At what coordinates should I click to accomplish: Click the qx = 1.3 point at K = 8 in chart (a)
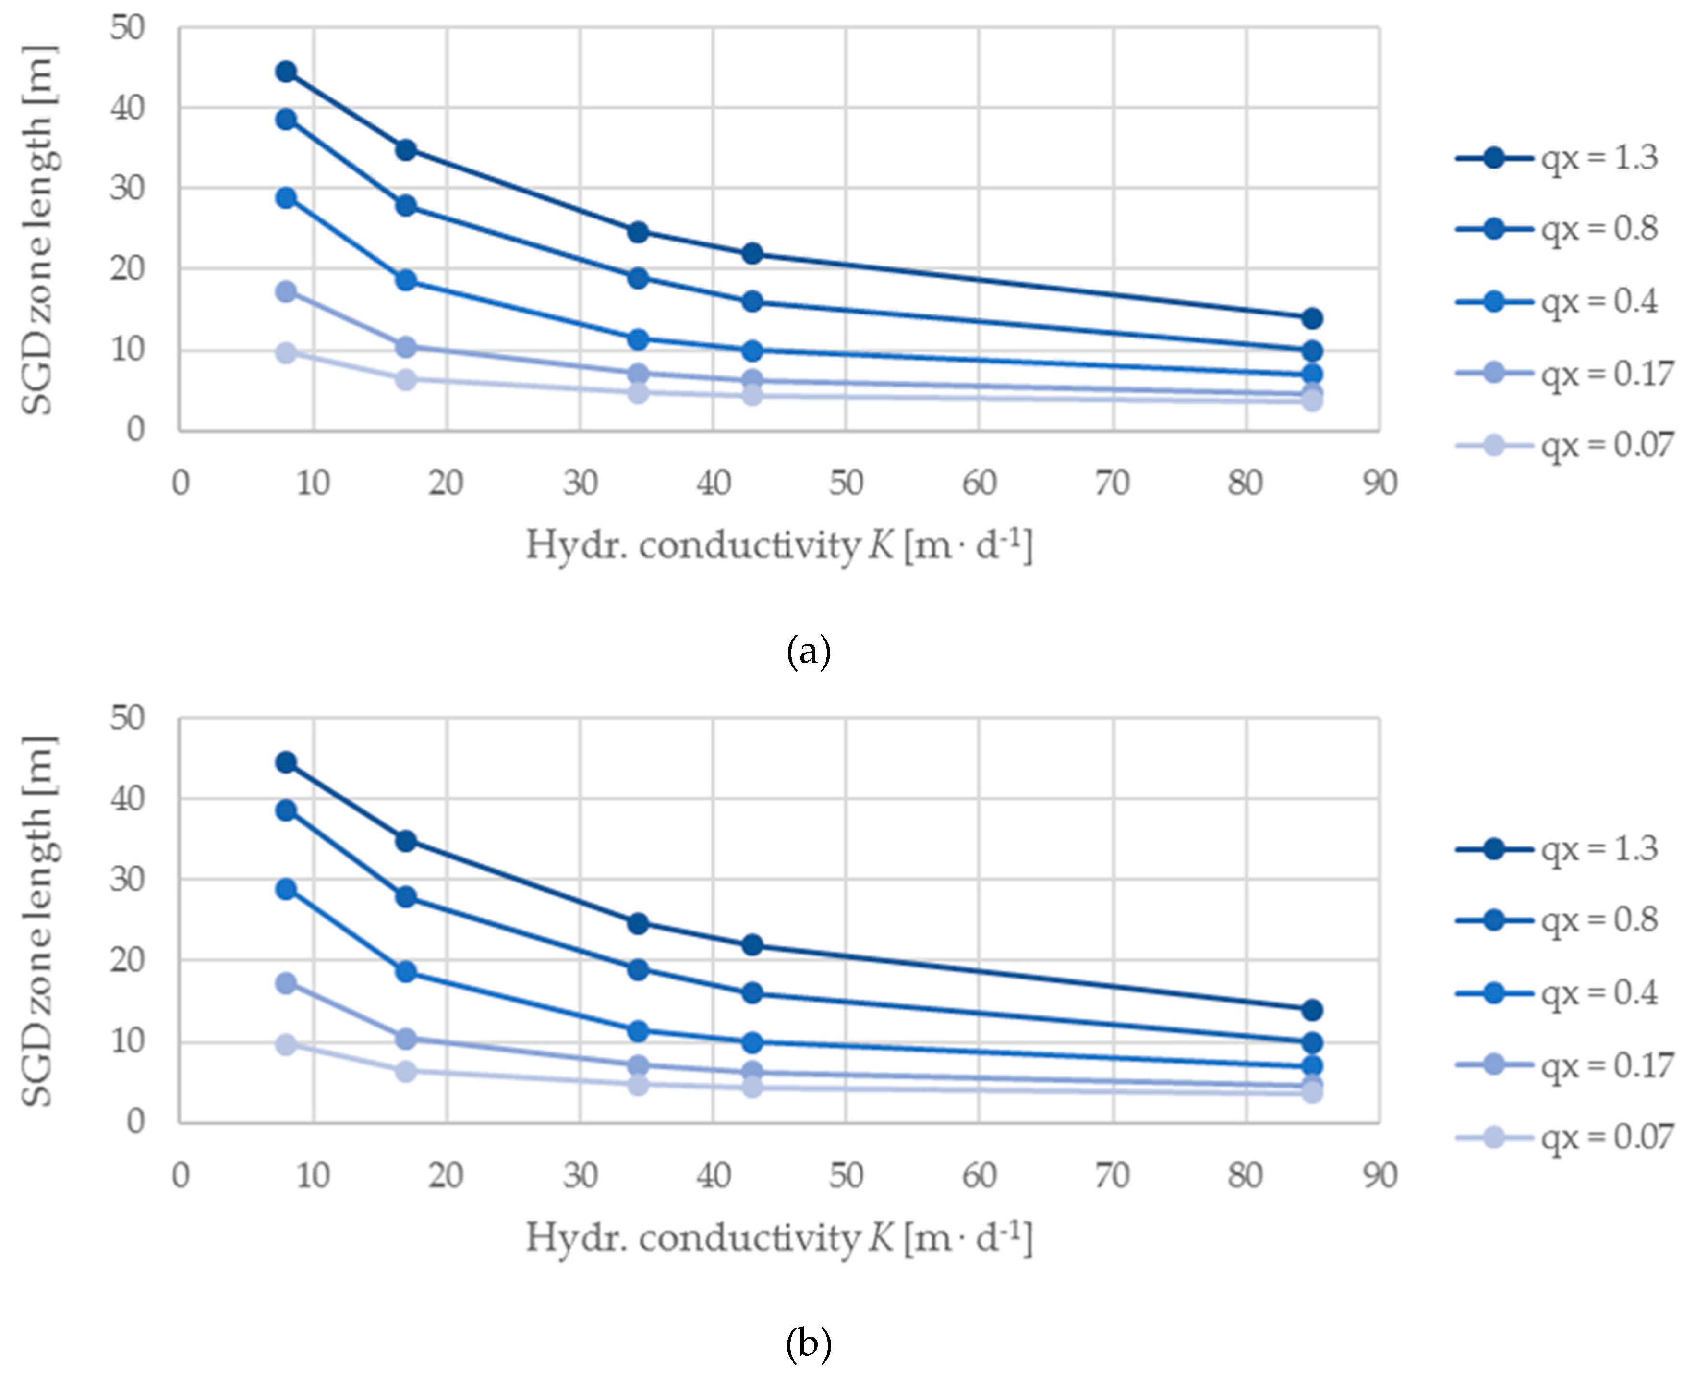point(286,72)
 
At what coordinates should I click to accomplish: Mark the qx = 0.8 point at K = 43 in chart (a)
point(752,302)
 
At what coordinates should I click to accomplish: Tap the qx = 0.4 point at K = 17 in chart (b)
point(406,972)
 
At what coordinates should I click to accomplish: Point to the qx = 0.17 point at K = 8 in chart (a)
point(286,291)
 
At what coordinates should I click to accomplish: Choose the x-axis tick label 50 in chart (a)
point(846,483)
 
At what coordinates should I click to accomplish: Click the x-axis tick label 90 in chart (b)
point(1380,1175)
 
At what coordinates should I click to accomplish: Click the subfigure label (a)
point(808,653)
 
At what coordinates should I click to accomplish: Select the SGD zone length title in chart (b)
point(37,921)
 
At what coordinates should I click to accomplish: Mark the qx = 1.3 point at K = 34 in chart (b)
point(638,923)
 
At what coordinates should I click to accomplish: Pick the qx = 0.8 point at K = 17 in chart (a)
point(406,205)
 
